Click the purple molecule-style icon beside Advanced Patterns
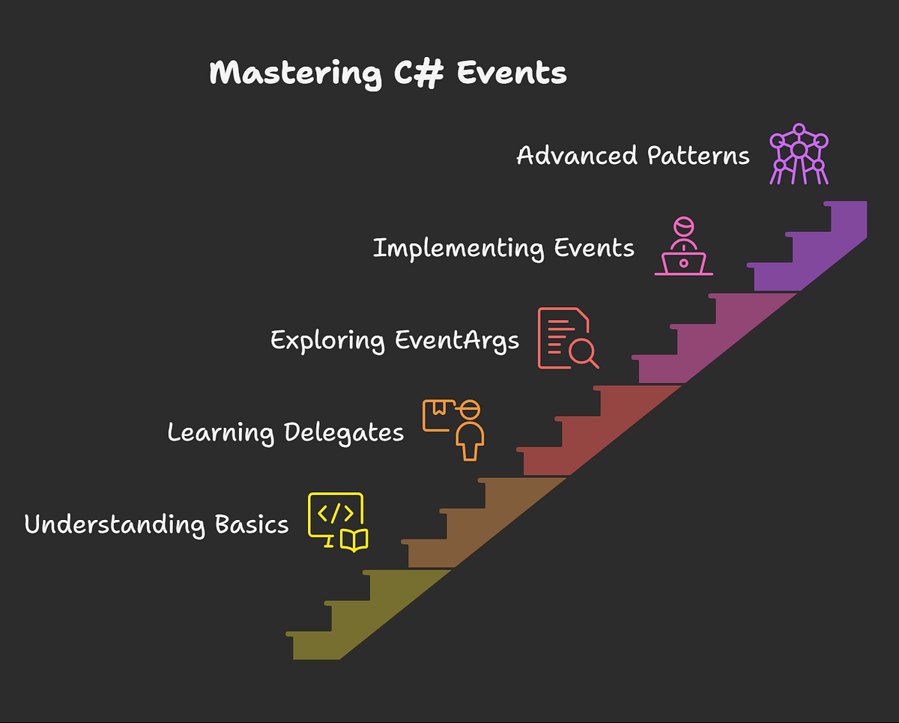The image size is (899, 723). point(799,154)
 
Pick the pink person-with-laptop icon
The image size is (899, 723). point(683,247)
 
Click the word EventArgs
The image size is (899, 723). point(457,340)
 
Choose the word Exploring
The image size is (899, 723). point(327,340)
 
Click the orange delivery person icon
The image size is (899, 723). point(455,429)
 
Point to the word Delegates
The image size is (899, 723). point(344,432)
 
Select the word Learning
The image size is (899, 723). point(220,432)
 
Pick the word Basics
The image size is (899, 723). point(251,524)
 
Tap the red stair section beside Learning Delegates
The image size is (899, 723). point(592,435)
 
